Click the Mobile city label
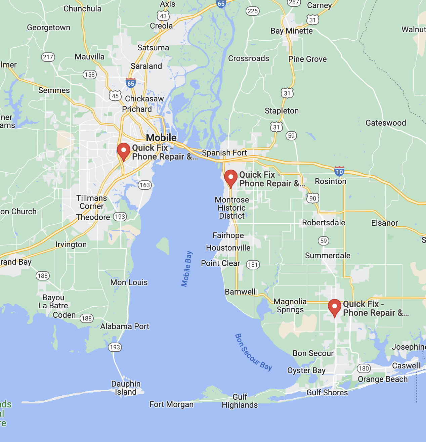click(x=161, y=138)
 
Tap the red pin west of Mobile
click(x=123, y=151)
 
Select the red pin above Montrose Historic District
click(x=230, y=178)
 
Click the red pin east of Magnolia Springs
click(x=334, y=307)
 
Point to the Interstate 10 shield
click(x=339, y=171)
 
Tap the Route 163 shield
click(x=145, y=185)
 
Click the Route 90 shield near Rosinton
click(x=313, y=198)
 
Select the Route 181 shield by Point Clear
click(x=253, y=265)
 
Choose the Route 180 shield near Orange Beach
click(x=364, y=368)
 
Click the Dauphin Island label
click(x=126, y=388)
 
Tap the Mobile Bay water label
click(x=187, y=269)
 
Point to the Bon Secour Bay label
click(x=253, y=352)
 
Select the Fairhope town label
click(x=228, y=235)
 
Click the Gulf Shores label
click(x=327, y=393)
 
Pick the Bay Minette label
click(x=292, y=31)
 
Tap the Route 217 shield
click(x=48, y=57)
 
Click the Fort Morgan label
click(x=171, y=404)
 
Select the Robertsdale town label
click(x=324, y=223)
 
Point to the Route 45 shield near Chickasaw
click(x=115, y=96)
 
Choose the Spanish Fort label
click(x=224, y=153)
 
